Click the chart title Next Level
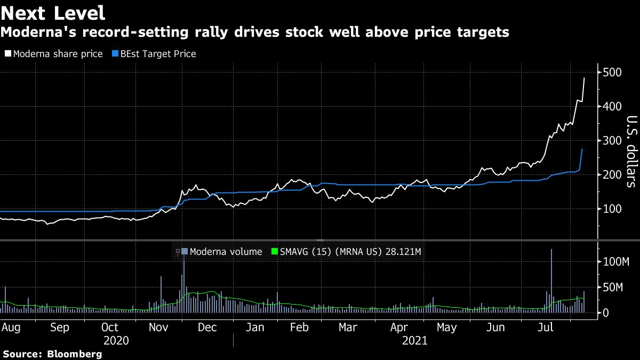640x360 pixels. click(x=53, y=12)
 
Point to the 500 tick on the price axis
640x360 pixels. click(x=613, y=73)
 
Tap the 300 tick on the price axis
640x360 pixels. click(x=613, y=141)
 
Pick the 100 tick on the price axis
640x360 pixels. click(x=613, y=209)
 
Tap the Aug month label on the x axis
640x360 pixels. click(x=11, y=327)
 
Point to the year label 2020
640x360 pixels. click(x=117, y=341)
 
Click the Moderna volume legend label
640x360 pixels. click(x=226, y=252)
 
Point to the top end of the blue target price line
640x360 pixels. click(x=582, y=149)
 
